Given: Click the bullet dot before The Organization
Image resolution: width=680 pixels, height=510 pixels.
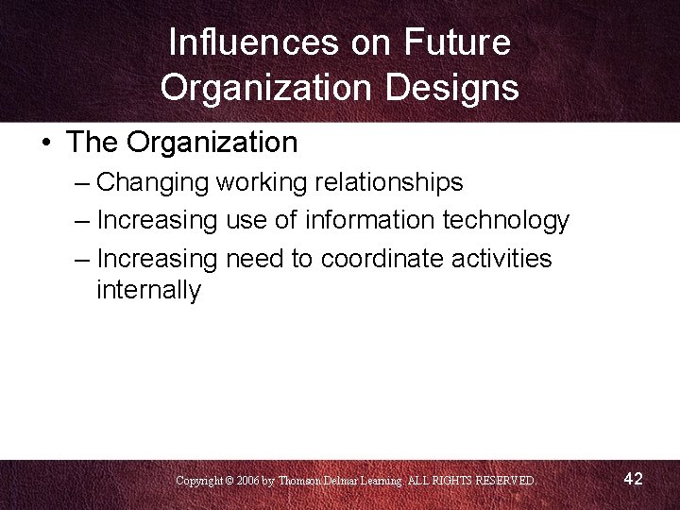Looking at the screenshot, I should pyautogui.click(x=45, y=144).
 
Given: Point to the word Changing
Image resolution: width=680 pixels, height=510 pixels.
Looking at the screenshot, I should pyautogui.click(x=152, y=181).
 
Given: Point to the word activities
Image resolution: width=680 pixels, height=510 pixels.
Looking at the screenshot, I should pyautogui.click(x=505, y=258).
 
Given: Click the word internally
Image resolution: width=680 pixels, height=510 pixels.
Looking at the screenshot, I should pyautogui.click(x=148, y=290).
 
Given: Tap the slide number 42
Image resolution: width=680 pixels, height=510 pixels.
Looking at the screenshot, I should pyautogui.click(x=633, y=479).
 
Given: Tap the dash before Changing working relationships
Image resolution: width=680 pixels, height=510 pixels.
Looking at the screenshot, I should pyautogui.click(x=80, y=181).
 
